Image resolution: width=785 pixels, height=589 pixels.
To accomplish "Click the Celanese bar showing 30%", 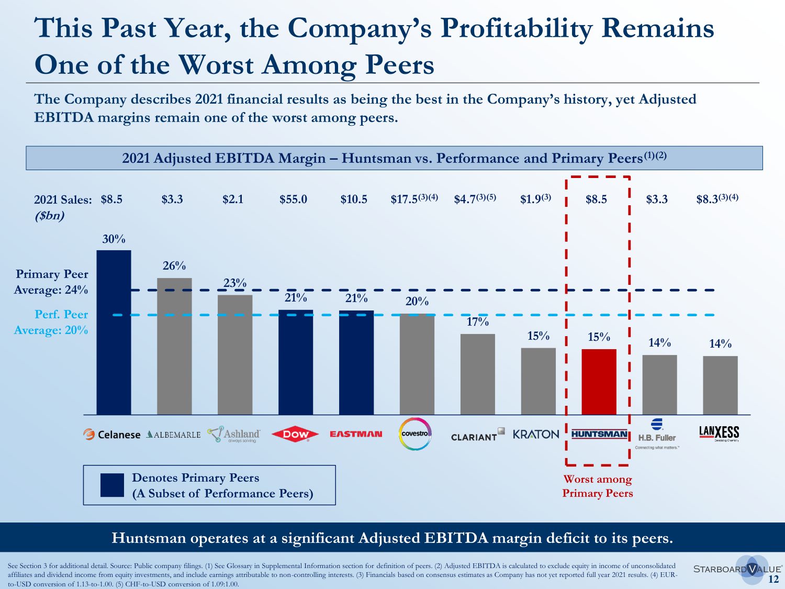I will click(114, 332).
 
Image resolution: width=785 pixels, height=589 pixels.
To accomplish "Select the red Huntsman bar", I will click(599, 382).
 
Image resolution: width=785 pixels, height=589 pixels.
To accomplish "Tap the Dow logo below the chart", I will click(296, 434).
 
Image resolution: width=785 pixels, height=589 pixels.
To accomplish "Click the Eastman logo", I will click(356, 434).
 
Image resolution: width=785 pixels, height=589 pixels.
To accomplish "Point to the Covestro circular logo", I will click(416, 434).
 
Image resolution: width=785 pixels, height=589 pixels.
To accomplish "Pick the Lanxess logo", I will click(719, 432).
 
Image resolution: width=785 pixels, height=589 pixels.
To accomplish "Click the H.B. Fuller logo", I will click(657, 434).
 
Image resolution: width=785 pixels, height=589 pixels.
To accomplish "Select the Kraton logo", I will click(536, 435).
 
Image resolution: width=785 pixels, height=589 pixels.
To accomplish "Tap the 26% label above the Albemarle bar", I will click(174, 266).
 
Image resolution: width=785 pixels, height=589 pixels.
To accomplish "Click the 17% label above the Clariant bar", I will click(477, 322).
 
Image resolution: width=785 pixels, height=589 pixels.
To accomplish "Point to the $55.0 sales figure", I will click(293, 199).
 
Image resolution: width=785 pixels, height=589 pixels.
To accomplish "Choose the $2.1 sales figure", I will click(233, 199).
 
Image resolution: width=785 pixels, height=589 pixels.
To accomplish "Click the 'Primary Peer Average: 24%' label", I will click(51, 282).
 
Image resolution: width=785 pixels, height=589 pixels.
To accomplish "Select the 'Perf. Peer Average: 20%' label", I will click(51, 322).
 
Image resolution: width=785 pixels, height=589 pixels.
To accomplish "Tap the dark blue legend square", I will click(112, 485).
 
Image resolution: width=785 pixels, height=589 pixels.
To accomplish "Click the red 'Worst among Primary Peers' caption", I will click(597, 486).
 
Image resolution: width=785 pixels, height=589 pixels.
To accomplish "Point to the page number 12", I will click(773, 579).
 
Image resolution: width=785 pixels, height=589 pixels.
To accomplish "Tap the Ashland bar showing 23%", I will click(235, 354).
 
